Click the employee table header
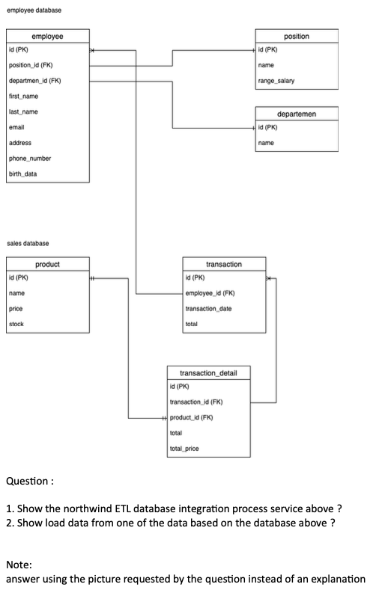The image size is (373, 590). (47, 36)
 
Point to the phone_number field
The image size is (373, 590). (29, 159)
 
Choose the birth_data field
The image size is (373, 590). (23, 174)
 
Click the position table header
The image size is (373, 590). (297, 36)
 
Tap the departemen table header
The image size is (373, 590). (297, 114)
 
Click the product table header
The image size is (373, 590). (47, 264)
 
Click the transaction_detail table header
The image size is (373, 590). (208, 372)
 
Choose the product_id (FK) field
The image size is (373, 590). (196, 417)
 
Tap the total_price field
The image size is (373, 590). (184, 449)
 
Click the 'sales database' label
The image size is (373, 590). (28, 243)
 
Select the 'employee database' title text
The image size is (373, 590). (34, 10)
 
